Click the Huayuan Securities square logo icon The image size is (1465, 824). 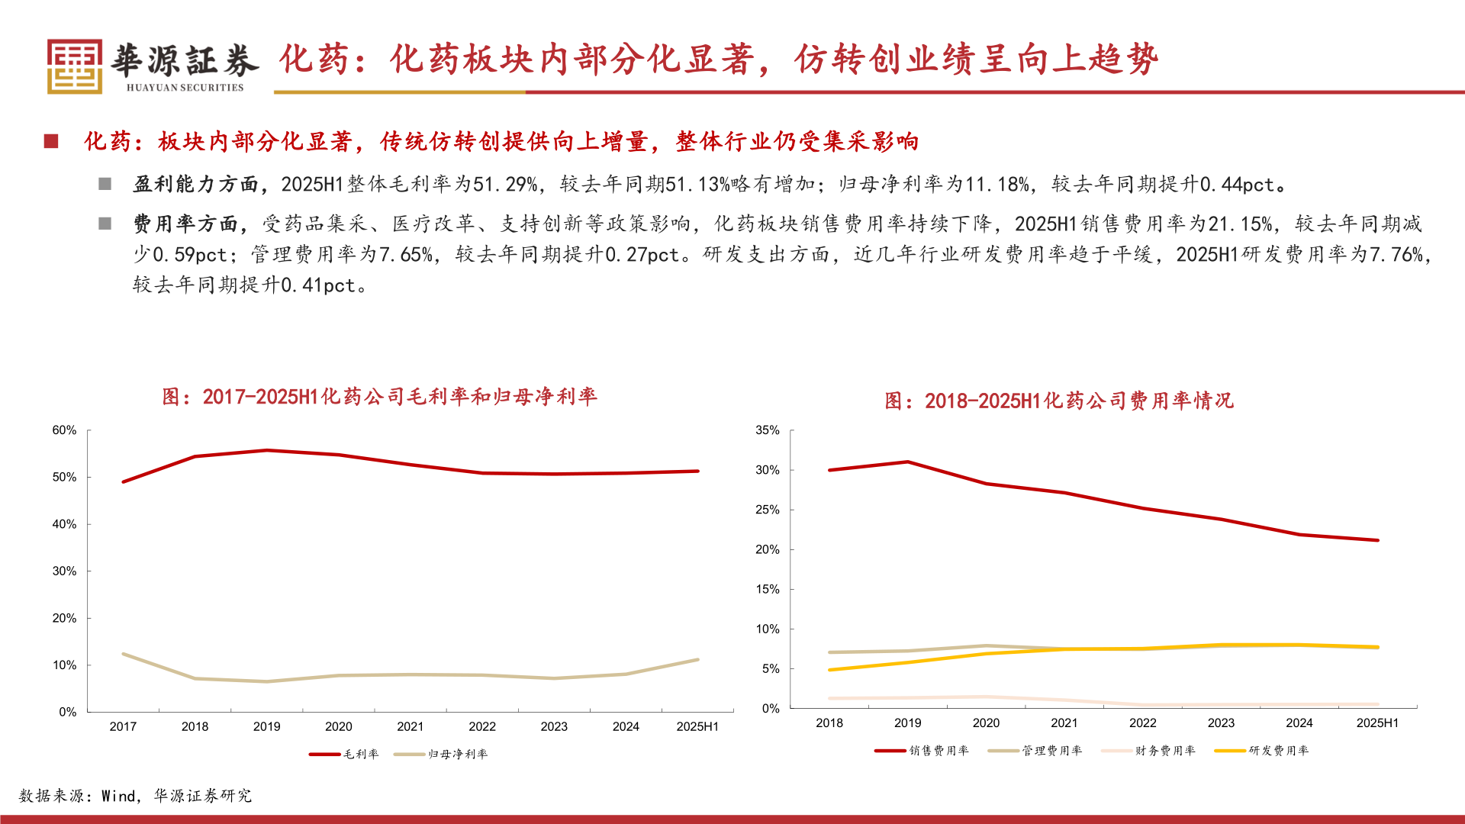(x=74, y=66)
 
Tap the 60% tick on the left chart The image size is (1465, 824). (x=64, y=430)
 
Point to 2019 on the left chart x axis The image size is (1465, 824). (x=266, y=726)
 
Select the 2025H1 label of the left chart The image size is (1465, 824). (x=697, y=726)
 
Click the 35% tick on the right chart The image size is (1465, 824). (x=767, y=430)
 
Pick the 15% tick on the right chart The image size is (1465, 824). (x=767, y=589)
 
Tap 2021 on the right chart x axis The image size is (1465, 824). (x=1064, y=723)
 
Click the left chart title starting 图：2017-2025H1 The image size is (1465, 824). (x=379, y=397)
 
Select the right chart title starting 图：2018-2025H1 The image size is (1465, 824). (x=1058, y=401)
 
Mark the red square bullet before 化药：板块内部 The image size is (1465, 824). (x=51, y=141)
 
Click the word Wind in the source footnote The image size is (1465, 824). (x=118, y=796)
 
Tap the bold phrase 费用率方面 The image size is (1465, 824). (x=185, y=224)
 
